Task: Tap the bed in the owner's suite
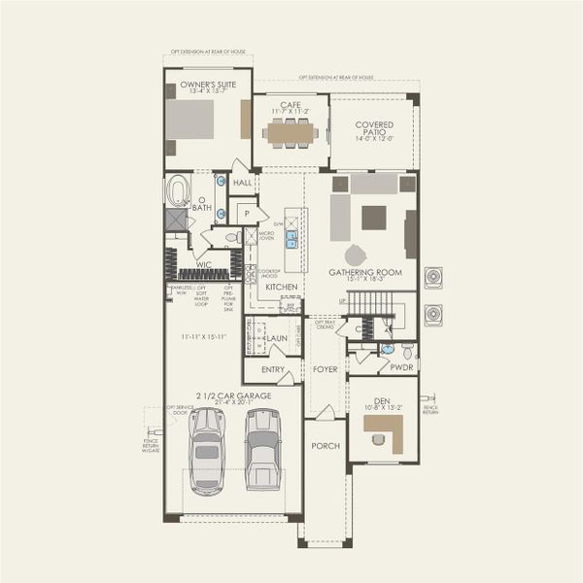[189, 120]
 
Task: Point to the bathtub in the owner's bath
[179, 190]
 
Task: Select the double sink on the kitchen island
[291, 239]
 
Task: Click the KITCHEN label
[282, 288]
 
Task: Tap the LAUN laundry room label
[277, 338]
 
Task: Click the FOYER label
[324, 370]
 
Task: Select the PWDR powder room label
[402, 368]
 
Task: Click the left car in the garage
[207, 449]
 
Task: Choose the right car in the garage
[262, 449]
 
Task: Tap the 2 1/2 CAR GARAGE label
[233, 395]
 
